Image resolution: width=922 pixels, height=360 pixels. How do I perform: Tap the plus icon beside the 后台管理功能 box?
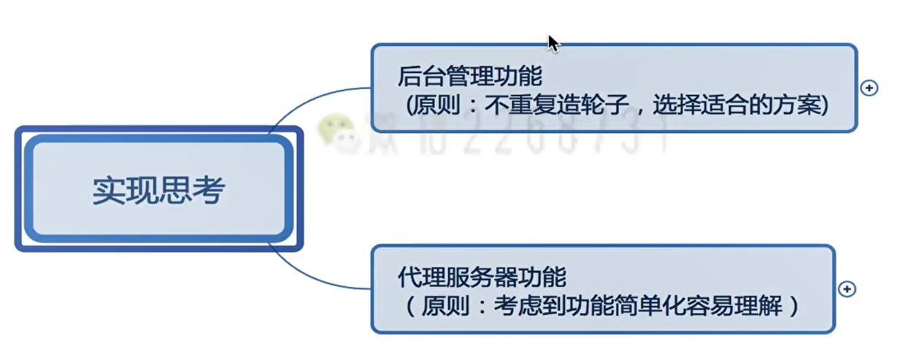[869, 88]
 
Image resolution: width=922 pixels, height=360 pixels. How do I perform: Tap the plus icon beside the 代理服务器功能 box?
[847, 289]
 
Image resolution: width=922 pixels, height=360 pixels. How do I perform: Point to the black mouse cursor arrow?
[553, 42]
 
